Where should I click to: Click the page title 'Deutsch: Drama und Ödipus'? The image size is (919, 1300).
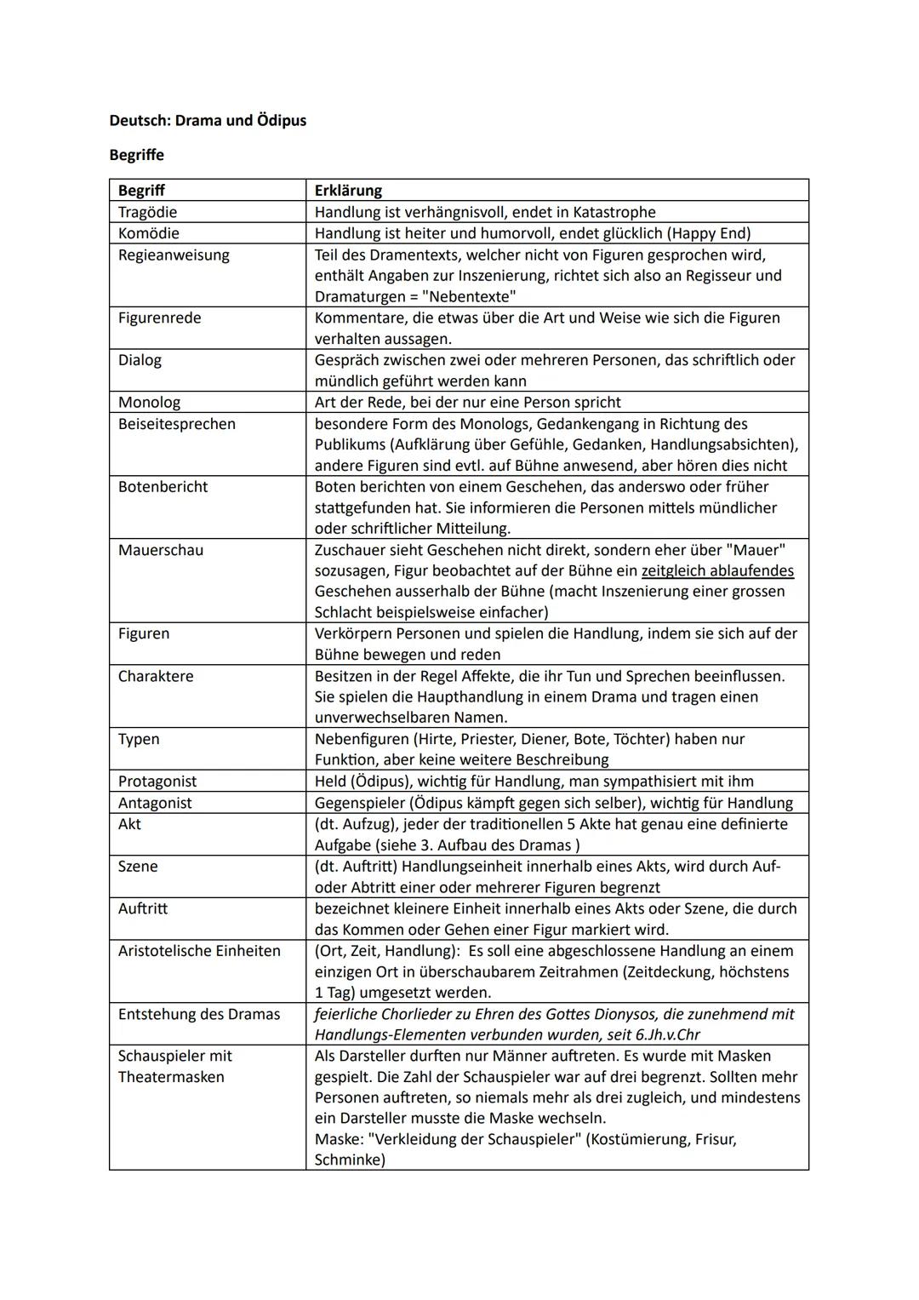[x=208, y=121]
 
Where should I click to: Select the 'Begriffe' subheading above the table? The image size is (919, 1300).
[x=136, y=155]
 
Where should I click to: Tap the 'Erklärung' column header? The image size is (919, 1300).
[x=348, y=191]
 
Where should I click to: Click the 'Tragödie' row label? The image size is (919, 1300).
[x=148, y=212]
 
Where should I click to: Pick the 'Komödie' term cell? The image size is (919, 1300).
[x=149, y=233]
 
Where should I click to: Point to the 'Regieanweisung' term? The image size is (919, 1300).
[x=174, y=255]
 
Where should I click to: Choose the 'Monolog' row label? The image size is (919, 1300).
[x=149, y=402]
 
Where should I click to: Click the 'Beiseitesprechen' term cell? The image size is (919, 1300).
[x=177, y=424]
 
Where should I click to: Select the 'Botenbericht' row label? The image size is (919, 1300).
[x=163, y=487]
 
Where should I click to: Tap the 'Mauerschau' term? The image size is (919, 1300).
[x=161, y=550]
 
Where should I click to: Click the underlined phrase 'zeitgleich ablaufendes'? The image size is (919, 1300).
[x=717, y=571]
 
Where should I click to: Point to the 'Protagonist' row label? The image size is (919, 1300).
[x=157, y=782]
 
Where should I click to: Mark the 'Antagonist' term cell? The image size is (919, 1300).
[x=155, y=803]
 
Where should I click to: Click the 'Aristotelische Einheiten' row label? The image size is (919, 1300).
[x=199, y=951]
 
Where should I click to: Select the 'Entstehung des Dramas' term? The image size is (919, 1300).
[x=199, y=1014]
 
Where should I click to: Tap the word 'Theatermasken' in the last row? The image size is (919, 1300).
[x=171, y=1077]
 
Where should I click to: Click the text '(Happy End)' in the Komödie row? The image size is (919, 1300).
[x=709, y=233]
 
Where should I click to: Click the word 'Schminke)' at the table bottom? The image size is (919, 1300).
[x=350, y=1160]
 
